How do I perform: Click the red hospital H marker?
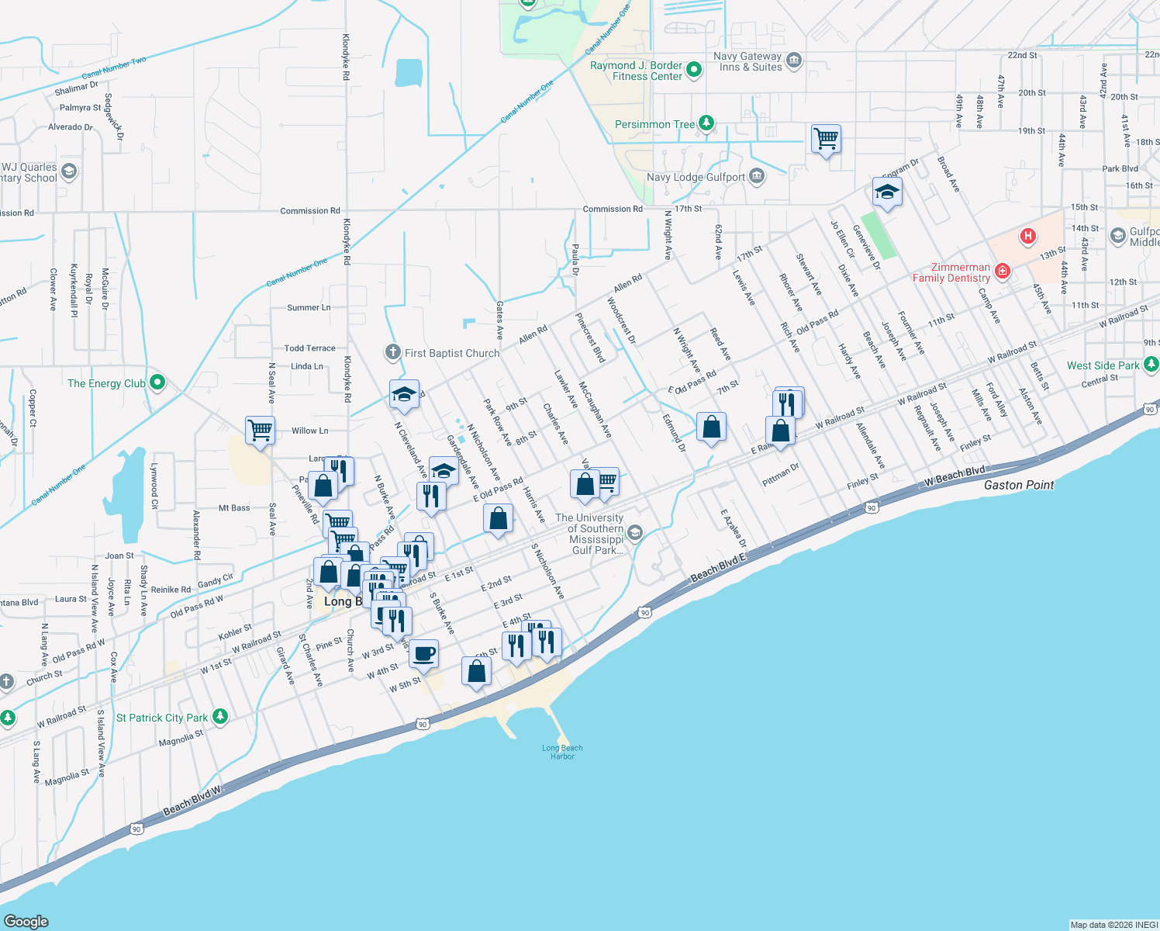1028,236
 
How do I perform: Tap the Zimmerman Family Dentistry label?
951,272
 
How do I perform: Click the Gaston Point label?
1019,485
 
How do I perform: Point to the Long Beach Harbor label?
562,752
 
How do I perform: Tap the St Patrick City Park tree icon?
220,716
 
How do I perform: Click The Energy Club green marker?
157,382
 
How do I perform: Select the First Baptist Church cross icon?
393,353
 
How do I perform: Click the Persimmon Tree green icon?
706,123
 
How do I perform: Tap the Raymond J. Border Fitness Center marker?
695,69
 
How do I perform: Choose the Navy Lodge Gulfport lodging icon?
757,177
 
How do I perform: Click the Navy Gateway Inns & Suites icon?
794,61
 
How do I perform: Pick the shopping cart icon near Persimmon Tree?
826,140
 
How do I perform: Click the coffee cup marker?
423,654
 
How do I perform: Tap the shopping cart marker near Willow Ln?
260,430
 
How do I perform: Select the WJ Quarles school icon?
69,171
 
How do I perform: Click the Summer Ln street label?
309,308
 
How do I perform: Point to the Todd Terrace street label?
309,348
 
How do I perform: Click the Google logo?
26,921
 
